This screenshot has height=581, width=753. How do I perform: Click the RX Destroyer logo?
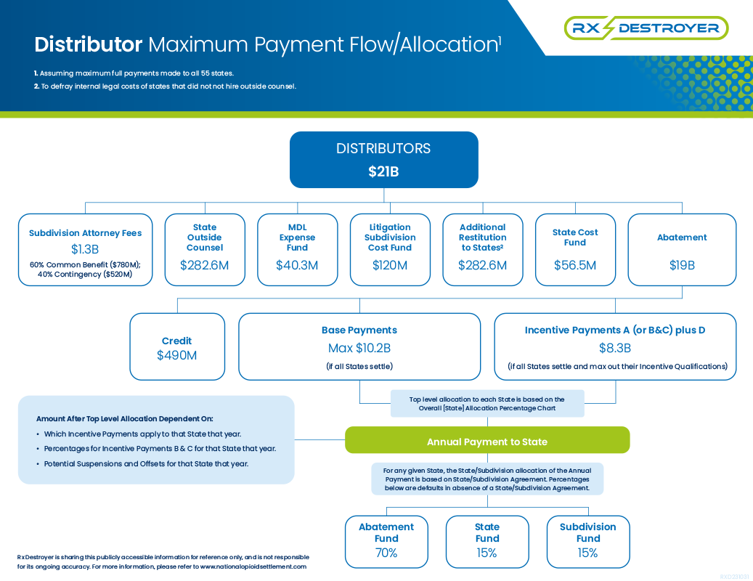tap(646, 28)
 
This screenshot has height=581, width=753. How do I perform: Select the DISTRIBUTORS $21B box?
tap(383, 160)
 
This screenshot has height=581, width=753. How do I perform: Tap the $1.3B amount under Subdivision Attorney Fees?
tap(85, 249)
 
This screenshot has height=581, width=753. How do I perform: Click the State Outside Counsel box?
tap(205, 250)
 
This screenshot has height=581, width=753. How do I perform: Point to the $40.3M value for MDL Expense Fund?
tap(297, 265)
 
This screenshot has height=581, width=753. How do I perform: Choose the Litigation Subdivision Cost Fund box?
tap(390, 250)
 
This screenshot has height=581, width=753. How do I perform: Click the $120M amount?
tap(390, 265)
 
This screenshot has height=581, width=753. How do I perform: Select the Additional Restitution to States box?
tap(483, 250)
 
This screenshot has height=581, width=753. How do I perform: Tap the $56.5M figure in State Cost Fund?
tap(575, 265)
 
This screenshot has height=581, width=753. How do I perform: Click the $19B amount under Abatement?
tap(682, 265)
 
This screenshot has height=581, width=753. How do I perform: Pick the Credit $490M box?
tap(177, 346)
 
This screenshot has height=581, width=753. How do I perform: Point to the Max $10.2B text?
tap(359, 348)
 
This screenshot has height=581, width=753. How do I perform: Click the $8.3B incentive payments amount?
tap(615, 348)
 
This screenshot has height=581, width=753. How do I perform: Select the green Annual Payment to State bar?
tap(487, 440)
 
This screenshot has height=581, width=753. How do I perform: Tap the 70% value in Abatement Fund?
tap(386, 553)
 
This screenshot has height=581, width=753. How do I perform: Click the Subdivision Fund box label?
tap(587, 532)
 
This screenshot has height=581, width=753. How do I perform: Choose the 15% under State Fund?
tap(487, 553)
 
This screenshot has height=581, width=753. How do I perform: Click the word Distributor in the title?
tap(89, 44)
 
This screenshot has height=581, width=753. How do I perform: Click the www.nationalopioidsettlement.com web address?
tap(253, 566)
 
